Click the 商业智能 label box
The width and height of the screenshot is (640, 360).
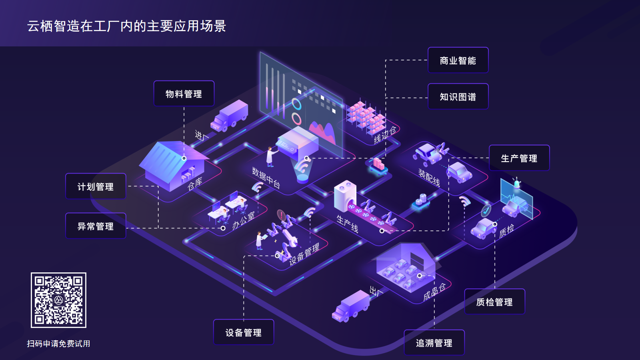click(x=458, y=60)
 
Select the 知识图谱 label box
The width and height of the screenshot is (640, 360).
click(x=458, y=97)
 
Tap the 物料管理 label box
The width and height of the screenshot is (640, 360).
click(x=184, y=94)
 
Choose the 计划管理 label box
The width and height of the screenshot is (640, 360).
click(x=96, y=187)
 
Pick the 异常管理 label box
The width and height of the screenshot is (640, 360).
click(x=96, y=226)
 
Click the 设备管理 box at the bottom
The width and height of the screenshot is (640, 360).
click(x=244, y=332)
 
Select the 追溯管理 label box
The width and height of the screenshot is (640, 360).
click(x=434, y=343)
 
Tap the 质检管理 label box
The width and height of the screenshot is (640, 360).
click(x=494, y=302)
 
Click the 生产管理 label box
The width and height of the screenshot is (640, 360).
click(x=519, y=158)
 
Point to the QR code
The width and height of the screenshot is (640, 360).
click(x=59, y=300)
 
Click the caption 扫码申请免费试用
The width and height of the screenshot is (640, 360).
click(x=58, y=344)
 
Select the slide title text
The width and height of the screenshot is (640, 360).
click(x=126, y=26)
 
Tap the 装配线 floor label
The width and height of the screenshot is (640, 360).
click(x=429, y=178)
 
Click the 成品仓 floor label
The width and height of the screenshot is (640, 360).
click(x=434, y=292)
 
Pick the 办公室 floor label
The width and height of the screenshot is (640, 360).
click(x=243, y=220)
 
